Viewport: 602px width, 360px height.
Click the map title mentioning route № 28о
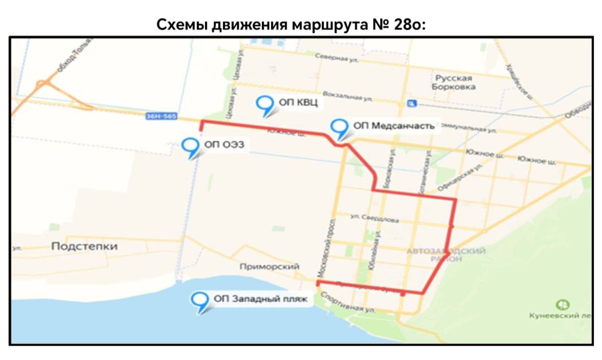coord(291,25)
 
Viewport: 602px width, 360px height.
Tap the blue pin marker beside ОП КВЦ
coord(265,105)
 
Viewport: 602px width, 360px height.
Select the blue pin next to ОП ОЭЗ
coord(191,147)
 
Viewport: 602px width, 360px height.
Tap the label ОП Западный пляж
coord(261,299)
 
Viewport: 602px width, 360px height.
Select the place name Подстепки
coord(84,246)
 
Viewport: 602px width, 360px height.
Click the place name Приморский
coord(269,267)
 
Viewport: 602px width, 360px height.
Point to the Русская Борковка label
coord(454,82)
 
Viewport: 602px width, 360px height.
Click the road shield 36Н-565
coord(161,117)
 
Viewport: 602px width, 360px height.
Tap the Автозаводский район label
coord(446,255)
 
